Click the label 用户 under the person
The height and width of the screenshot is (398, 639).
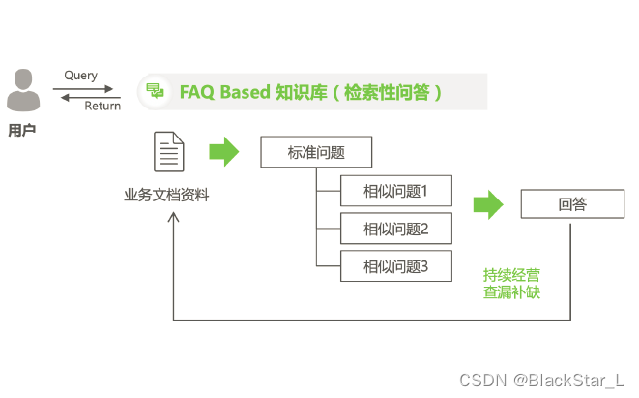click(21, 129)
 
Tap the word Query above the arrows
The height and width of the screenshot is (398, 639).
click(80, 76)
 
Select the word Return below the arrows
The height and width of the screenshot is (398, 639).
click(102, 107)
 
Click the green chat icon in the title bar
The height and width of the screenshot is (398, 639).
click(155, 92)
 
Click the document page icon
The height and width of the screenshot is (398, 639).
click(169, 152)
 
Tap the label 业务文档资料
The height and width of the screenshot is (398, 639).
click(166, 196)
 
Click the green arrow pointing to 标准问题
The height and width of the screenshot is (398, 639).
click(223, 151)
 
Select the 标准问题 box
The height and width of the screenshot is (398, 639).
click(316, 152)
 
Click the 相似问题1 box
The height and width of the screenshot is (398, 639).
click(395, 191)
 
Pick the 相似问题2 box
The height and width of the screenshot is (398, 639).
click(395, 230)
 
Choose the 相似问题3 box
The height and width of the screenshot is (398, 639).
click(395, 265)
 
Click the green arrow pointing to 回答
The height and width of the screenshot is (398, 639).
click(488, 204)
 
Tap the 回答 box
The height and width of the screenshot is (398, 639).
click(571, 204)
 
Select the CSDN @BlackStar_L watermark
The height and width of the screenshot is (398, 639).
click(541, 380)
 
